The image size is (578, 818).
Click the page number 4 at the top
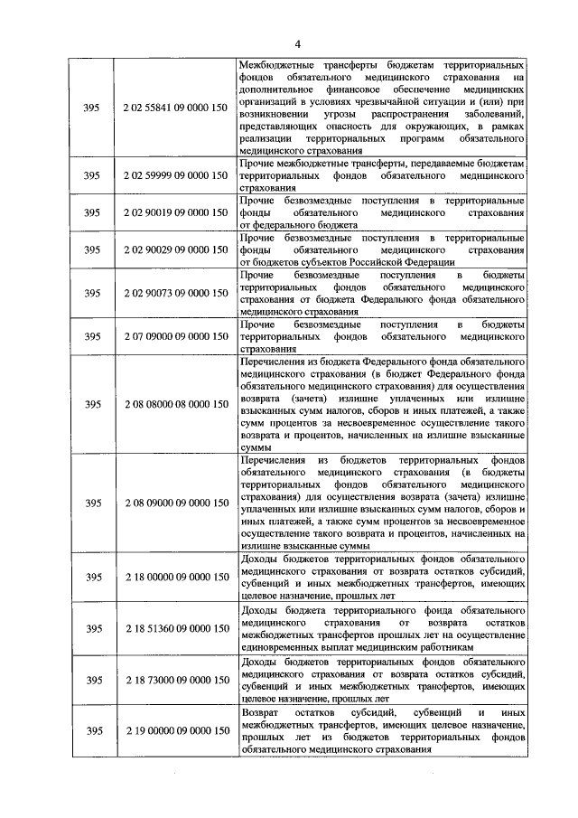[295, 44]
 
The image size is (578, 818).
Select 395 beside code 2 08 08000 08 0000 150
[90, 404]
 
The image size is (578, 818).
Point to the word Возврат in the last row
[263, 714]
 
